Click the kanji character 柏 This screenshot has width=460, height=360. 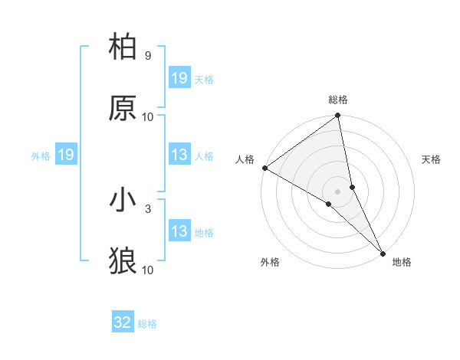pyautogui.click(x=123, y=48)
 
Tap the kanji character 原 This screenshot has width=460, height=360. pyautogui.click(x=123, y=108)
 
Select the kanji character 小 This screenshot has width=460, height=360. pyautogui.click(x=123, y=201)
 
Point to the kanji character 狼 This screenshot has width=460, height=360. pyautogui.click(x=123, y=260)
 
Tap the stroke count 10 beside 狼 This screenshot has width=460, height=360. pyautogui.click(x=148, y=269)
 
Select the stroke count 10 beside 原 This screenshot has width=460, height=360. pyautogui.click(x=148, y=116)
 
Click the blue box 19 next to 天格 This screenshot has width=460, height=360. pyautogui.click(x=179, y=78)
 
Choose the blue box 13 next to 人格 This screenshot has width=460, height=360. pyautogui.click(x=179, y=155)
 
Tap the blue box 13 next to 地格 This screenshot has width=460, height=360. pyautogui.click(x=179, y=231)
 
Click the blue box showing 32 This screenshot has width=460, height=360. pyautogui.click(x=122, y=322)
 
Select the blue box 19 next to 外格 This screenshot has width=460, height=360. pyautogui.click(x=65, y=155)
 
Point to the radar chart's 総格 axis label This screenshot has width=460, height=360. pyautogui.click(x=338, y=100)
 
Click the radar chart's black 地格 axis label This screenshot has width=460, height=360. pyautogui.click(x=402, y=263)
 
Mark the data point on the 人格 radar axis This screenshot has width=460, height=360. pyautogui.click(x=264, y=168)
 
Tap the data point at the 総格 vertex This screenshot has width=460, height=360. pyautogui.click(x=338, y=116)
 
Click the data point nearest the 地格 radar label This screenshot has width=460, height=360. pyautogui.click(x=383, y=252)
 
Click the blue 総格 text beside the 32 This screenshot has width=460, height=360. pyautogui.click(x=147, y=324)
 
